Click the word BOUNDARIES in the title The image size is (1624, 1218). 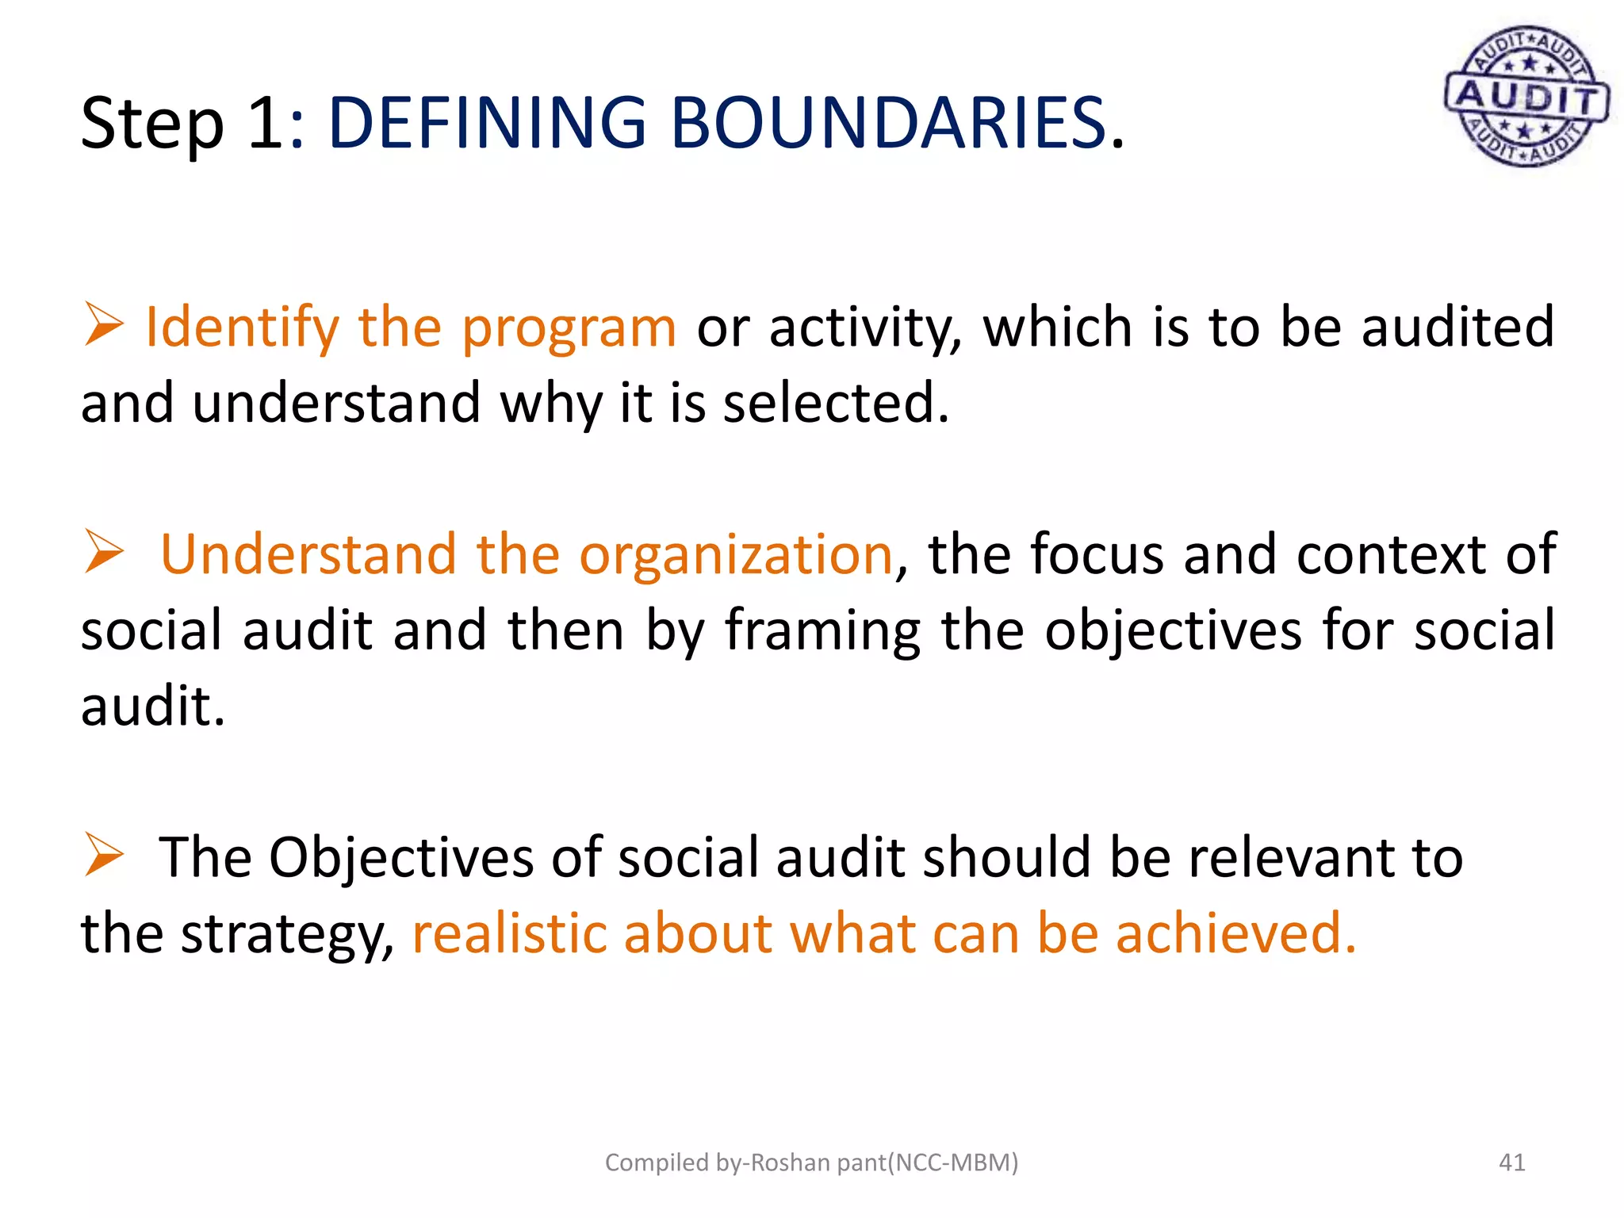coord(888,123)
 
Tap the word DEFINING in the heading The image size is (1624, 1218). coord(487,123)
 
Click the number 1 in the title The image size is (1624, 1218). coord(265,123)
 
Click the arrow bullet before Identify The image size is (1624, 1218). coord(104,324)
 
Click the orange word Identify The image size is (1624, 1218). coord(242,327)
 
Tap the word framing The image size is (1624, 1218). coord(822,631)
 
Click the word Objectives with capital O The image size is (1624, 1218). coord(401,859)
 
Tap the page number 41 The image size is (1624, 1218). coord(1511,1162)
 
